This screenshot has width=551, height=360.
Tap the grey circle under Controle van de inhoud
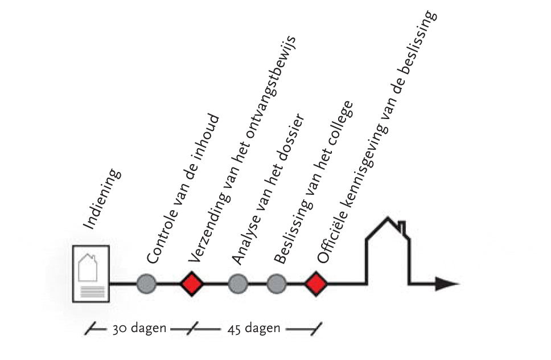click(x=146, y=283)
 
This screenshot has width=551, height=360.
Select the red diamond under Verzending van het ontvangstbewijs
click(x=192, y=283)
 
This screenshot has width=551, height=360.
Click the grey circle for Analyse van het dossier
click(x=237, y=283)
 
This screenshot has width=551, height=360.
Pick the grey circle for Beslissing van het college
click(x=276, y=283)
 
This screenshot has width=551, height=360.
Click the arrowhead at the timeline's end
click(x=446, y=283)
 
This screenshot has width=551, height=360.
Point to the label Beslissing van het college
click(x=313, y=182)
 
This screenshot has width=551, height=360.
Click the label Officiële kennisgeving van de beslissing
click(x=377, y=137)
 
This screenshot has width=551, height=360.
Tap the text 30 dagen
click(x=139, y=329)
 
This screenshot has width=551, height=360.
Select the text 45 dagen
click(x=254, y=329)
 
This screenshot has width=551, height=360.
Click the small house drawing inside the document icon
click(x=88, y=267)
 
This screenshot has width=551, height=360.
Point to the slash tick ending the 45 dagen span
click(x=315, y=329)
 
